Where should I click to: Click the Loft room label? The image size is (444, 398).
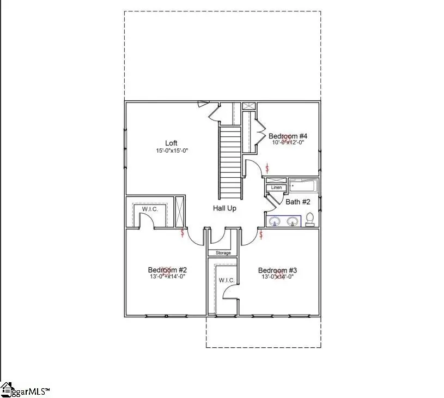coord(172,143)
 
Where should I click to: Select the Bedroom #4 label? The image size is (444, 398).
coord(288,136)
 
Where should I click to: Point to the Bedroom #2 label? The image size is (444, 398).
coord(168,270)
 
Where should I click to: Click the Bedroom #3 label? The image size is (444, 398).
coord(277,270)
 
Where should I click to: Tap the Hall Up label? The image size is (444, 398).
coord(224,208)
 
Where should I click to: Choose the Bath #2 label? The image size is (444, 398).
coord(299,202)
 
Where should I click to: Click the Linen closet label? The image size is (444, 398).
coord(277,188)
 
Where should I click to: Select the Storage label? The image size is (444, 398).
coord(223,253)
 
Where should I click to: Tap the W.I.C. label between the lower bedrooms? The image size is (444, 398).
coord(227,280)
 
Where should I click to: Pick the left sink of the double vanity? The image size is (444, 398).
coord(276,221)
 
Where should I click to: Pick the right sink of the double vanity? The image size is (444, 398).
coord(293,221)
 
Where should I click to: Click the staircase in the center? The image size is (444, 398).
coord(229,162)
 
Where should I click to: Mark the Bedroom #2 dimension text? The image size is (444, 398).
coord(168,277)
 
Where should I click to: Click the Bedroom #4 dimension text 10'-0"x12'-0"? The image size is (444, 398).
coord(288,142)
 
